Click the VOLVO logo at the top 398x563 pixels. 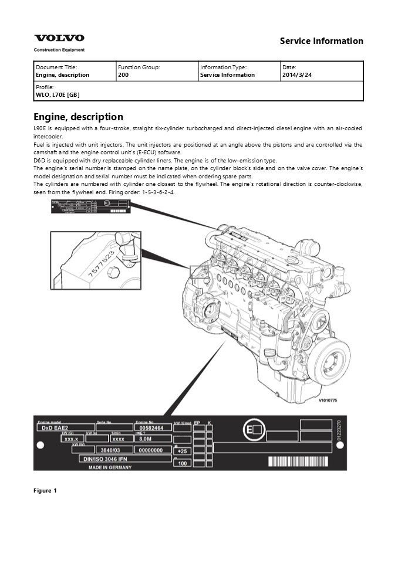pos(59,38)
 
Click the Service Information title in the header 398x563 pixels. pos(321,41)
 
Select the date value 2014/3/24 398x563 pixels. pos(296,75)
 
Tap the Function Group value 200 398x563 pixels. pos(123,75)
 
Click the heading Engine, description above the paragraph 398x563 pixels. pos(78,117)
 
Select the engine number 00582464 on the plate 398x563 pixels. pos(151,429)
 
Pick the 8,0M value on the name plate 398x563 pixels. pos(145,439)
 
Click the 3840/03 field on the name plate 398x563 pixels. pos(106,450)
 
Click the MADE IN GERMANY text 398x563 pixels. pos(110,467)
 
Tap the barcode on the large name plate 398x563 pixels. pos(303,462)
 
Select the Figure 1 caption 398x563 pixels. pos(45,490)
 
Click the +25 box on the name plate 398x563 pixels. pos(182,451)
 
